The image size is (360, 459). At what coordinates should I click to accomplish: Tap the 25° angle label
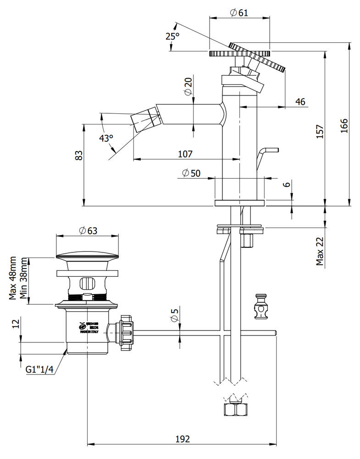pyautogui.click(x=172, y=36)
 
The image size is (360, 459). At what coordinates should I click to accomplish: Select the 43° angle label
pyautogui.click(x=105, y=138)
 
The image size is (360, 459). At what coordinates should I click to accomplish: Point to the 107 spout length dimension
pyautogui.click(x=185, y=154)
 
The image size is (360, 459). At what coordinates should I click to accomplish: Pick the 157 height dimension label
pyautogui.click(x=320, y=132)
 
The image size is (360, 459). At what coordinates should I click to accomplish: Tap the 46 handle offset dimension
pyautogui.click(x=300, y=102)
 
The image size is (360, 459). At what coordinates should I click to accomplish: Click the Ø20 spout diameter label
pyautogui.click(x=188, y=86)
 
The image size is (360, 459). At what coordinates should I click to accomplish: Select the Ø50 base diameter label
pyautogui.click(x=191, y=173)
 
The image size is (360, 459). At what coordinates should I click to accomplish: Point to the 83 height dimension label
pyautogui.click(x=79, y=155)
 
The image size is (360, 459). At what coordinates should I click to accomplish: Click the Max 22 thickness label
pyautogui.click(x=320, y=252)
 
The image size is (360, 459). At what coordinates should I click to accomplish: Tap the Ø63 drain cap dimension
pyautogui.click(x=88, y=231)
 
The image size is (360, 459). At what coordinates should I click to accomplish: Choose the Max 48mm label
pyautogui.click(x=13, y=278)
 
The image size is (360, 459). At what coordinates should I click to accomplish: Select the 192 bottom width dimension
pyautogui.click(x=182, y=439)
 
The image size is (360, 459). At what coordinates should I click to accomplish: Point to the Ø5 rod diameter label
pyautogui.click(x=174, y=316)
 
